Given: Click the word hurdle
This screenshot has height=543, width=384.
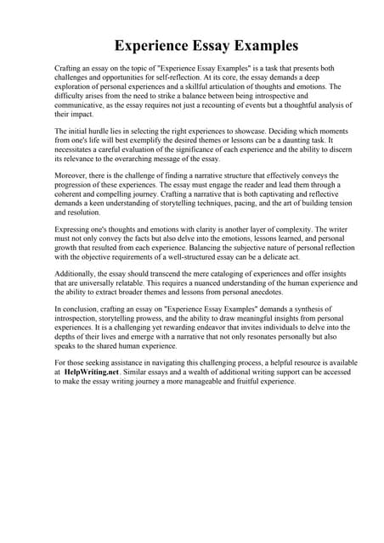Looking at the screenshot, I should [97, 132].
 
